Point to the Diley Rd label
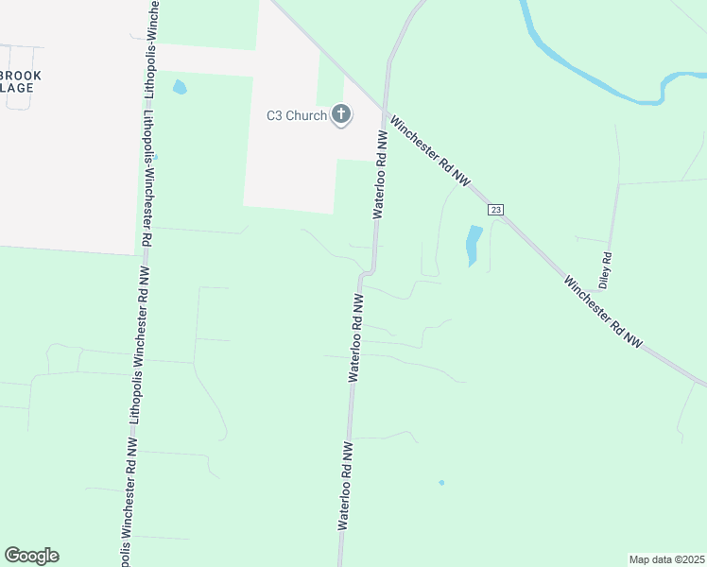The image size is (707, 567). click(x=605, y=270)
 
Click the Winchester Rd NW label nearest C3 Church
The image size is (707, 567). click(x=429, y=151)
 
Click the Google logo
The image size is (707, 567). click(x=31, y=556)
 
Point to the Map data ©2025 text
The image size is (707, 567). click(x=666, y=559)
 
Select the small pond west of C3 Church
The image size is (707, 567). click(x=180, y=88)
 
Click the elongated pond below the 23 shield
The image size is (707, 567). click(x=473, y=245)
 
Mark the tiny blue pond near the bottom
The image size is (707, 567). click(x=441, y=483)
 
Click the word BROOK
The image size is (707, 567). click(x=21, y=76)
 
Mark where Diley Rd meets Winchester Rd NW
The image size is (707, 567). click(x=619, y=182)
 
